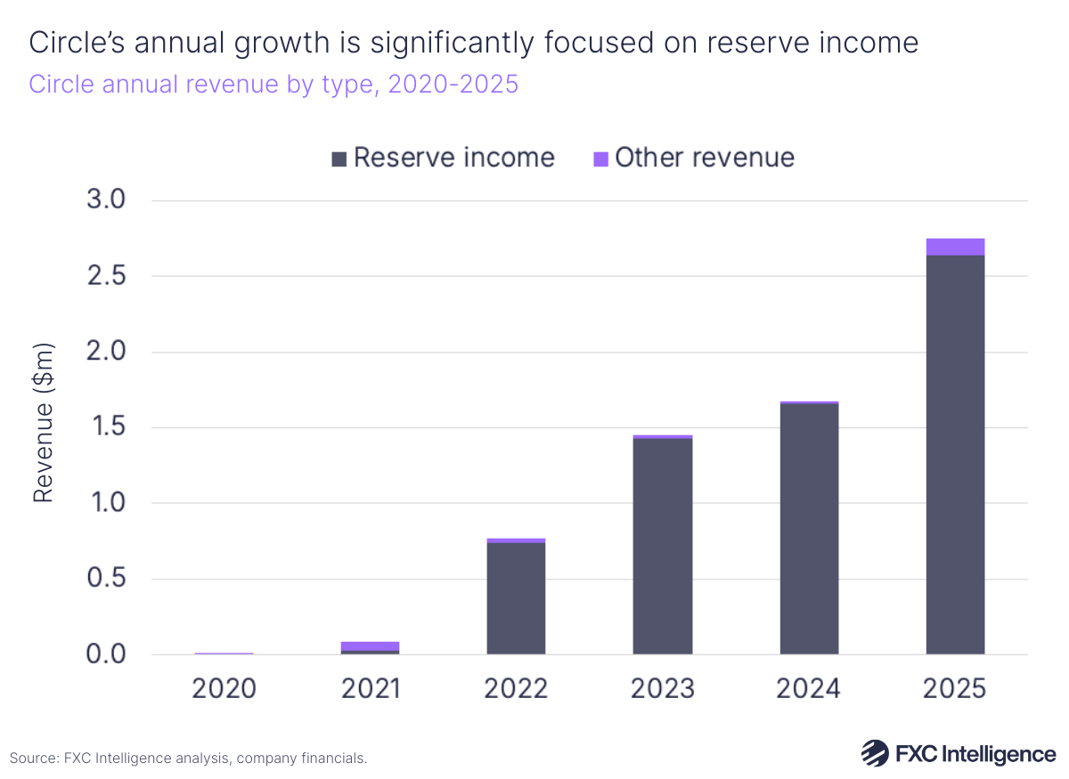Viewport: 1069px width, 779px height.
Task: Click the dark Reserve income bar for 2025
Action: click(955, 454)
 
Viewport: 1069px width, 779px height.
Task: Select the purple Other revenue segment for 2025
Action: click(955, 247)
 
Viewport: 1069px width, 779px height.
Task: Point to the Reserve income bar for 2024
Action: click(809, 529)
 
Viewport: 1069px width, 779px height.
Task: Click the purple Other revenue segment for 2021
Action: click(370, 645)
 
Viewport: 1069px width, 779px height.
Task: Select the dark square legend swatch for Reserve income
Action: click(339, 159)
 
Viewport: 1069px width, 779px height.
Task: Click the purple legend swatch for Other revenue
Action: click(600, 159)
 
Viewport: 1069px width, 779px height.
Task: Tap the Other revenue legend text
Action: click(705, 158)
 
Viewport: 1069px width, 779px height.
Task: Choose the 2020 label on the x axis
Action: click(224, 688)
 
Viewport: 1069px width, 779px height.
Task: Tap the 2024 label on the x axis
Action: click(809, 688)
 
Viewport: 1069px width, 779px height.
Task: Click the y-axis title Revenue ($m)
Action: click(44, 423)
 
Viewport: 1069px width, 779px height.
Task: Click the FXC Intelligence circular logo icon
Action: click(875, 753)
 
